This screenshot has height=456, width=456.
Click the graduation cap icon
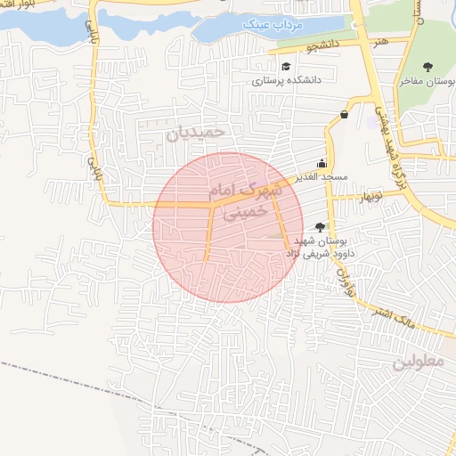click(x=285, y=66)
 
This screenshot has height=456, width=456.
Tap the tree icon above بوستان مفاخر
click(x=428, y=67)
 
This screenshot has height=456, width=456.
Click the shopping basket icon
click(x=345, y=114)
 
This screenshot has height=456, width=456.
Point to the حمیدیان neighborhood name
click(x=197, y=132)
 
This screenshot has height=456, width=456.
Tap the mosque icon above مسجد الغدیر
click(x=322, y=164)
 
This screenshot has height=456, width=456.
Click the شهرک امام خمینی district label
click(x=240, y=200)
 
